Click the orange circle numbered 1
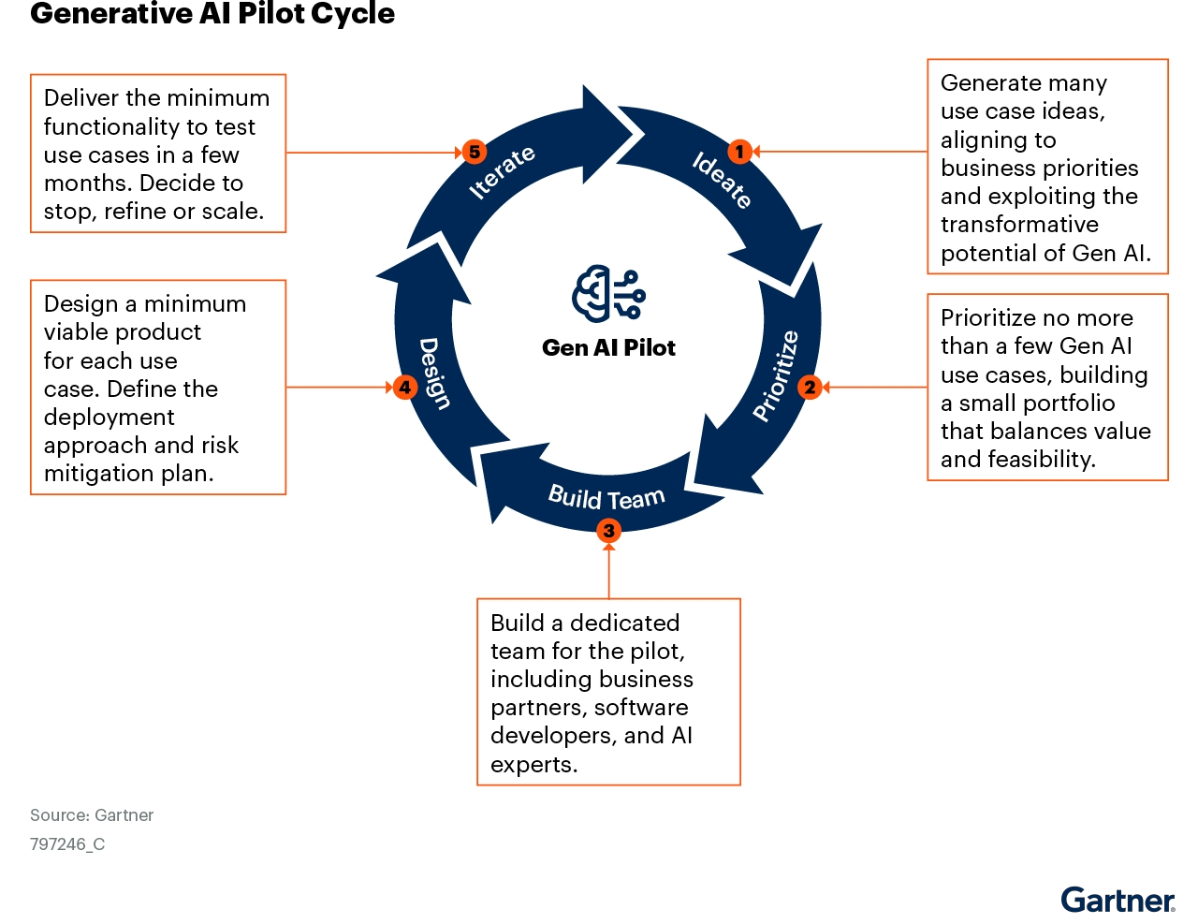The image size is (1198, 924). pos(739,152)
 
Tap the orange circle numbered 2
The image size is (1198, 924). pos(811,387)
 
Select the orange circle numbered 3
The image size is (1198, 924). pos(608,531)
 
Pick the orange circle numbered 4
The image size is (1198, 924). pos(404,387)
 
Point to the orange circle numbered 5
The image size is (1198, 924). pos(475,152)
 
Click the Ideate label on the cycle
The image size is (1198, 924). pos(722,179)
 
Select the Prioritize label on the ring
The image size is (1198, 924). pos(777,375)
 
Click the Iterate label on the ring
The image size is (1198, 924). pos(503,171)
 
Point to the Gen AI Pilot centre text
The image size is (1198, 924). pos(608,347)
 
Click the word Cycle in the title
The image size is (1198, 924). pos(353,14)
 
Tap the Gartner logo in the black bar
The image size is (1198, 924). pos(1118,901)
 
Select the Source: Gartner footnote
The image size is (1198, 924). pos(92,814)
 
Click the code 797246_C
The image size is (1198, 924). pos(67,843)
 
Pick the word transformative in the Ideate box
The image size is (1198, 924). pos(1019,225)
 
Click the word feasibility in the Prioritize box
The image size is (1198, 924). pos(1045,459)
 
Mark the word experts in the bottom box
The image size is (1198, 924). pos(532,764)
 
